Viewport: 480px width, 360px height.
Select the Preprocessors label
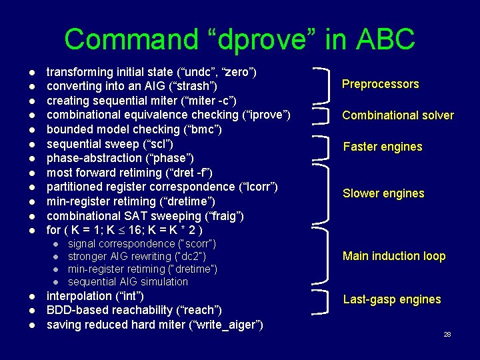click(x=380, y=84)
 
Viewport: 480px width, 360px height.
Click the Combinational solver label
click(x=397, y=115)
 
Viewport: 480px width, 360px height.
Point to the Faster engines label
click(x=382, y=147)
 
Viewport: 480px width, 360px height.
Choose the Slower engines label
click(x=383, y=193)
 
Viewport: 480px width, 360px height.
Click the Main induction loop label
click(x=393, y=256)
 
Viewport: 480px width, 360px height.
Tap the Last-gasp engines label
click(x=391, y=299)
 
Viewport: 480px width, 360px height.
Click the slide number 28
click(x=447, y=334)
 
